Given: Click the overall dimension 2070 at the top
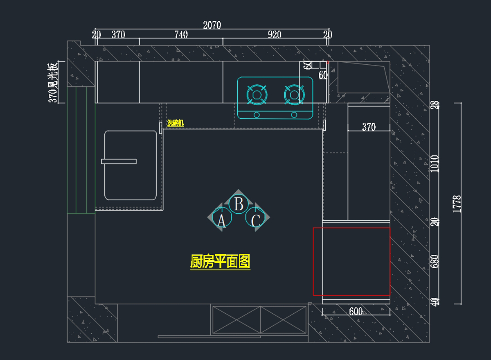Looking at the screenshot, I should pos(212,25).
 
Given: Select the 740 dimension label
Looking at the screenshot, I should pos(181,35).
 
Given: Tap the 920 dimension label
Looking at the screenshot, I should pos(274,35).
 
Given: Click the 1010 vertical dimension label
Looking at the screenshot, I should pos(435,163).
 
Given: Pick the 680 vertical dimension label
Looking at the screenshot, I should pos(435,262).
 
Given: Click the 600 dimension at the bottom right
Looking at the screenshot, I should pos(356,311).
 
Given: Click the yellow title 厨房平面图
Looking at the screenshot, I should pos(220,261).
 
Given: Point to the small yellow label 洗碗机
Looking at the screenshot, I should pos(176,123).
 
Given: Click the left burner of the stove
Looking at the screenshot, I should pos(257,95).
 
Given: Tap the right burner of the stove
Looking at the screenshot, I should pos(294,95).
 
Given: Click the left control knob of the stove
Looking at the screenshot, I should pos(257,115).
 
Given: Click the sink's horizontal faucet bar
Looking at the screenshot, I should pos(119,161).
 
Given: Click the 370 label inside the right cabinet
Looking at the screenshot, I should pos(369,127).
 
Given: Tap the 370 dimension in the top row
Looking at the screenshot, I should pos(118,35).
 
